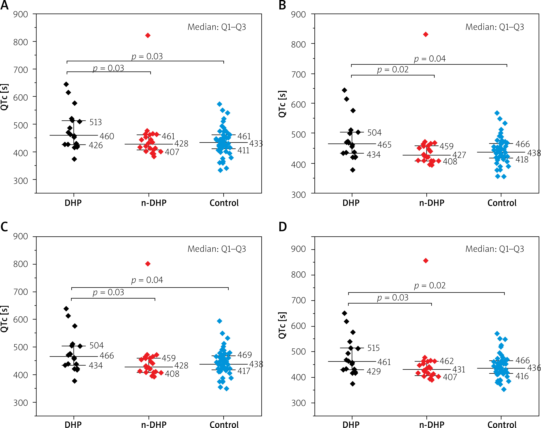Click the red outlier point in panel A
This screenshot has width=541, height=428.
[148, 36]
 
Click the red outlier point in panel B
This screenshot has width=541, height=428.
[426, 34]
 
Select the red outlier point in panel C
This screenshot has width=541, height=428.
[148, 264]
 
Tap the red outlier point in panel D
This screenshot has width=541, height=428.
[426, 261]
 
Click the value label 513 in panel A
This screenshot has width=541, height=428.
[96, 122]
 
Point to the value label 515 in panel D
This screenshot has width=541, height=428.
[373, 348]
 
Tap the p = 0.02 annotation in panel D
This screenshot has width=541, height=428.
[430, 285]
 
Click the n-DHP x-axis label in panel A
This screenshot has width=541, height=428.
[154, 203]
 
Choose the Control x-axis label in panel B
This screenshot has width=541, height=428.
[502, 203]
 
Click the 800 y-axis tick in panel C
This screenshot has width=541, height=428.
[21, 264]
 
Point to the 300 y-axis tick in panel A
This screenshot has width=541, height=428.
[21, 181]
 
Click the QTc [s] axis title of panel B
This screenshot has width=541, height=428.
[282, 104]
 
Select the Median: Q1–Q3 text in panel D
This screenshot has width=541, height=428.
[495, 249]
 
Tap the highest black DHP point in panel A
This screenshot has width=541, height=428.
[66, 84]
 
